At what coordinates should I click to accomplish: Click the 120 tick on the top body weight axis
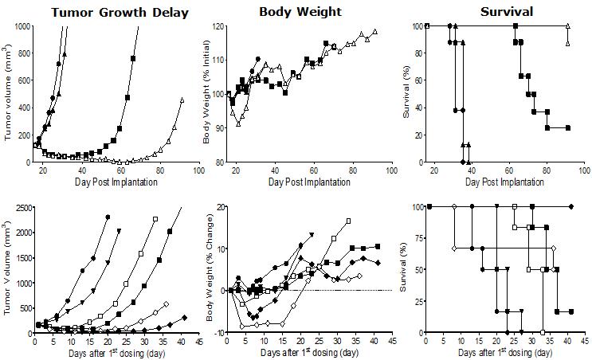pos(216,26)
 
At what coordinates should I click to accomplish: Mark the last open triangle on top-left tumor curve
pos(182,100)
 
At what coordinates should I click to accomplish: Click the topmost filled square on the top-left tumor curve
pos(133,59)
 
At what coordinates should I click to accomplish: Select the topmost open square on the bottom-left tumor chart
pos(155,219)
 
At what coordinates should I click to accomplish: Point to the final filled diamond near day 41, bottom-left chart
pos(184,318)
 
